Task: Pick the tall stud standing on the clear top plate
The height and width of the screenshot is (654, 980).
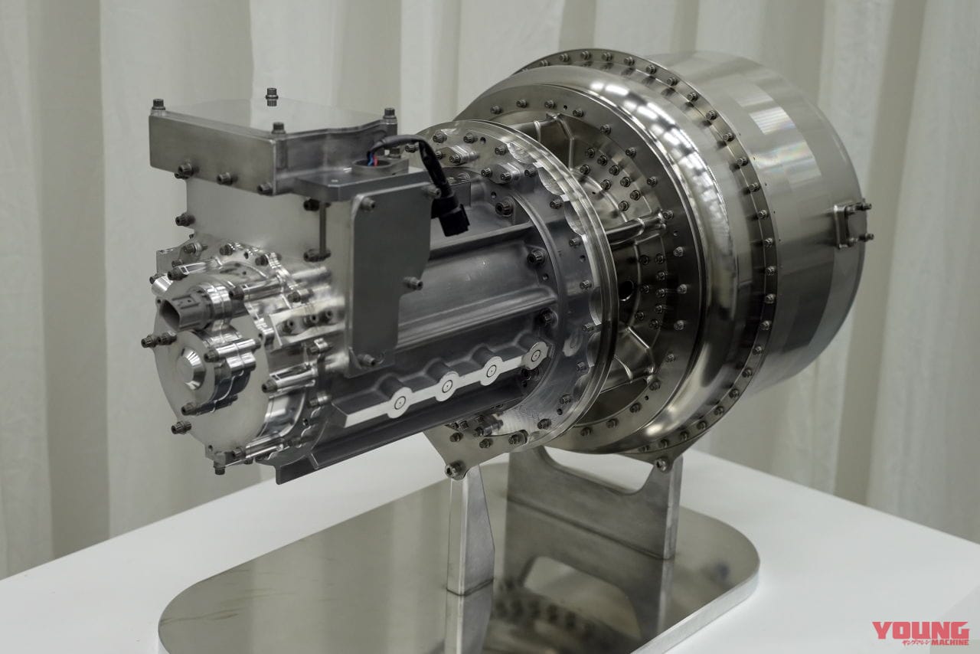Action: click(x=271, y=96)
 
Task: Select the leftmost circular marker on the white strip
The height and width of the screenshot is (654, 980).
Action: click(x=399, y=403)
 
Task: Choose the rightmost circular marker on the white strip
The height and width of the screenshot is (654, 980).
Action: click(x=535, y=356)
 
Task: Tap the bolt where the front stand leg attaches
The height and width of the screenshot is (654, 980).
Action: click(x=456, y=469)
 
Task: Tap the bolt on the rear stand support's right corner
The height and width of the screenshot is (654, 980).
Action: click(x=662, y=463)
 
